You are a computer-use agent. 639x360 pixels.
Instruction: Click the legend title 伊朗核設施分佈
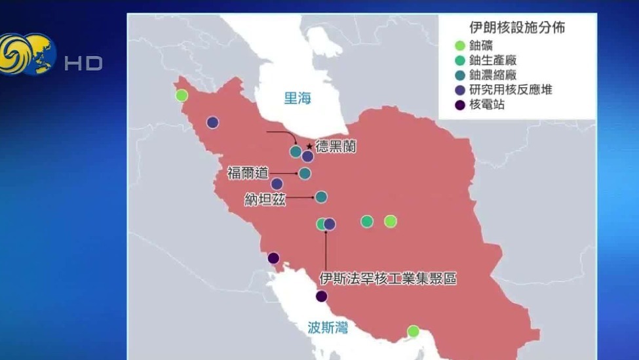point(517,28)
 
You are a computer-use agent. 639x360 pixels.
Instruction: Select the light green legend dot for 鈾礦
point(460,45)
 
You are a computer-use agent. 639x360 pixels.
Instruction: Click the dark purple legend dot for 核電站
point(460,104)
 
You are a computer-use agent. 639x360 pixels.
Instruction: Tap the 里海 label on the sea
point(297,98)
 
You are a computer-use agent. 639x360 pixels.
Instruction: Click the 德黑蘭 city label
point(336,147)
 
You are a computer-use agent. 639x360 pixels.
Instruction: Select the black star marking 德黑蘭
point(309,146)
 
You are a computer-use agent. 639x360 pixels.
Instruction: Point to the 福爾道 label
point(247,173)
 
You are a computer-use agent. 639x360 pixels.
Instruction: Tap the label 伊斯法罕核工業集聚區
point(387,279)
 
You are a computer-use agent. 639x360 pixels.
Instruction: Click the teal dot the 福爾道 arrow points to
point(305,173)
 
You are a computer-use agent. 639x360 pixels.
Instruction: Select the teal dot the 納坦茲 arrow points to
point(321,197)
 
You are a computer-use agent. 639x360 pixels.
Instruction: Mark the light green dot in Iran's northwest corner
point(182,96)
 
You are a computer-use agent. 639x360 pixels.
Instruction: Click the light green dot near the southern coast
point(413,331)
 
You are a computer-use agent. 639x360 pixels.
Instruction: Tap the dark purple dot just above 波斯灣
point(321,296)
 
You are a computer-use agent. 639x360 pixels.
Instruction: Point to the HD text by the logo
point(83,63)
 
